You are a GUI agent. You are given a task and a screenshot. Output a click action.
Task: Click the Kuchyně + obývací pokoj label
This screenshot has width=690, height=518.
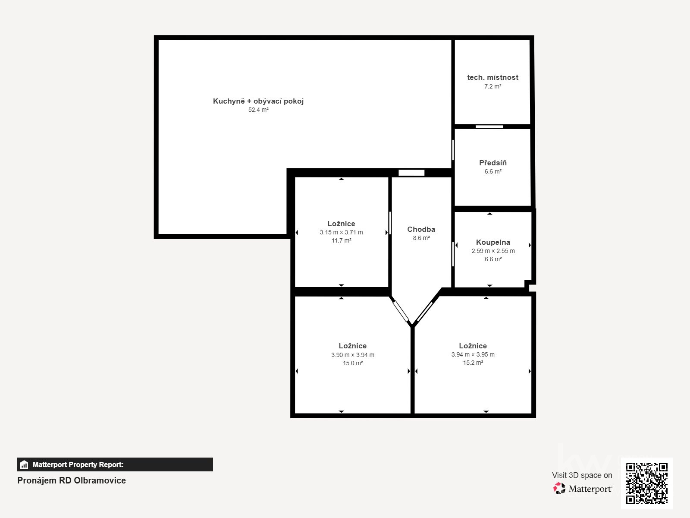pos(258,101)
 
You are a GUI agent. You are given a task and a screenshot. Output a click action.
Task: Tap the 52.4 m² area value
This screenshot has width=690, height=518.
pos(258,110)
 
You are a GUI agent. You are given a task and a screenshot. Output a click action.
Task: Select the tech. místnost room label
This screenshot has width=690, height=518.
pos(492,77)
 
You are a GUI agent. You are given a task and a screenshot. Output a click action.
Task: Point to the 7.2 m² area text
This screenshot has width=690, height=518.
pos(492,86)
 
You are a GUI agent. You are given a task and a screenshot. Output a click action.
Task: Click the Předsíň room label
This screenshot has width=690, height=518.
pos(492,163)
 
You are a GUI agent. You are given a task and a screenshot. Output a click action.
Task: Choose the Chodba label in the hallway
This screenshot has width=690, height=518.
pos(421,229)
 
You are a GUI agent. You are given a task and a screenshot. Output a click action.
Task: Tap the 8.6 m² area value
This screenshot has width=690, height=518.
pos(421,238)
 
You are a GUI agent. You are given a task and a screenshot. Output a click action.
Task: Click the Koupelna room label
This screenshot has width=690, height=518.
pos(493,242)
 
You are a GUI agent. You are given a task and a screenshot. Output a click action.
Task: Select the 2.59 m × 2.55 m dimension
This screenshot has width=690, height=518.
pos(493,251)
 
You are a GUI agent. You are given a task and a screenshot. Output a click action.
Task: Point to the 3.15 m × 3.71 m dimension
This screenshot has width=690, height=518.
pos(341,232)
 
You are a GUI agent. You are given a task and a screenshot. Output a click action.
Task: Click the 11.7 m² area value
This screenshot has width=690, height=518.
pos(342,240)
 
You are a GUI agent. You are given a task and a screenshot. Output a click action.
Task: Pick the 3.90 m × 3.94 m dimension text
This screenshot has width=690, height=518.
pos(352,355)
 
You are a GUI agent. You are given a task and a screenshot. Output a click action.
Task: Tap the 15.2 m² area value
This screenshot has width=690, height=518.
pos(473,363)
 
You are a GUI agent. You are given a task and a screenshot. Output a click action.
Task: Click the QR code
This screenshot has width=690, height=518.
pos(646,483)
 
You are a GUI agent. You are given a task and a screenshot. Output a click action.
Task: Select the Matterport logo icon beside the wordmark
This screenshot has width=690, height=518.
pos(559,489)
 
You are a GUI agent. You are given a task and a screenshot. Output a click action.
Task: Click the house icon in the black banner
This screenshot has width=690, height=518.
pos(24,464)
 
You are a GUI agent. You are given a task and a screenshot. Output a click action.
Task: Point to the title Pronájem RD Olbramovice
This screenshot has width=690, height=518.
pos(71,480)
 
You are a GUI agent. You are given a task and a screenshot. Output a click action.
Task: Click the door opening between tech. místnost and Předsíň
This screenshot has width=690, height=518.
pos(489,127)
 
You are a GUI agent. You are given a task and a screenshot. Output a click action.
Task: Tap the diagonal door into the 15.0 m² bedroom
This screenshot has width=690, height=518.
pos(401,311)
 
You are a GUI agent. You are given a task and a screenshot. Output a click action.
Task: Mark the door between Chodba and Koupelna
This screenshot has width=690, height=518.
pos(453,254)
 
